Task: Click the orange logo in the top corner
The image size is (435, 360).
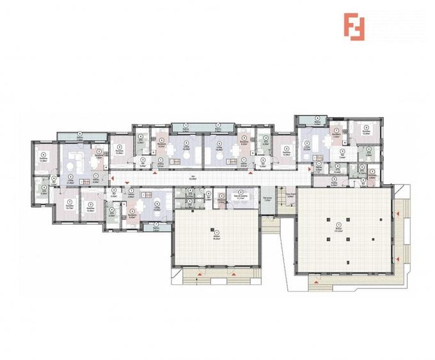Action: coord(354,26)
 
